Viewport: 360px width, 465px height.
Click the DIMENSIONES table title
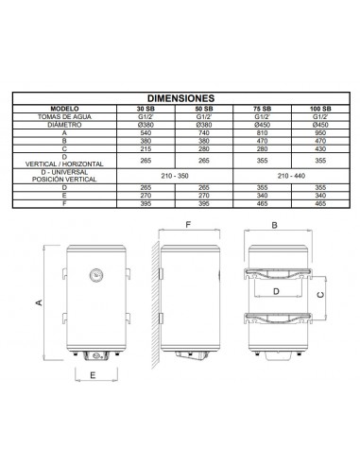(x=180, y=96)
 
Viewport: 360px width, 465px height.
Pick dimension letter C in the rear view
(x=319, y=293)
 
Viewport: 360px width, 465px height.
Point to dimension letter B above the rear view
(x=274, y=226)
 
